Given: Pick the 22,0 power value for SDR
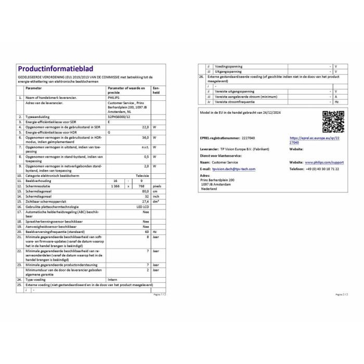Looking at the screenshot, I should tap(146, 127).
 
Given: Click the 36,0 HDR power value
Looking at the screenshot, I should tap(146, 137).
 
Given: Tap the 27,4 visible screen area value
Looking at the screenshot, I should tap(146, 201).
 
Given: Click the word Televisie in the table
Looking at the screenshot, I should tap(142, 176).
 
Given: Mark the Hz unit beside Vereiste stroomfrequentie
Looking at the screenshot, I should tap(336, 102).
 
